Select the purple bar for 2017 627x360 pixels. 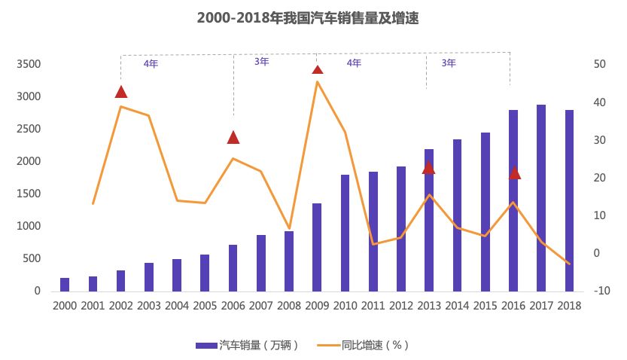[x=541, y=197]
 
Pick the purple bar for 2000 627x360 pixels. [x=65, y=284]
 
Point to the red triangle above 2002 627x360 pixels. [x=121, y=92]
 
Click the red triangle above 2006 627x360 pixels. [x=233, y=137]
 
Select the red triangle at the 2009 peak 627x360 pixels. [x=318, y=70]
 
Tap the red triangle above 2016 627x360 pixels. [x=515, y=172]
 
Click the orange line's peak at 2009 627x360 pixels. [x=317, y=81]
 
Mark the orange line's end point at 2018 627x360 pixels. [x=569, y=264]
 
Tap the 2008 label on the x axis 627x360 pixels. [x=289, y=305]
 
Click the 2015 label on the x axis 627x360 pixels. [x=485, y=305]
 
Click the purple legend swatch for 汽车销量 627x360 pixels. [x=206, y=345]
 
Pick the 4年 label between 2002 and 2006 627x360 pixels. [x=151, y=64]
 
